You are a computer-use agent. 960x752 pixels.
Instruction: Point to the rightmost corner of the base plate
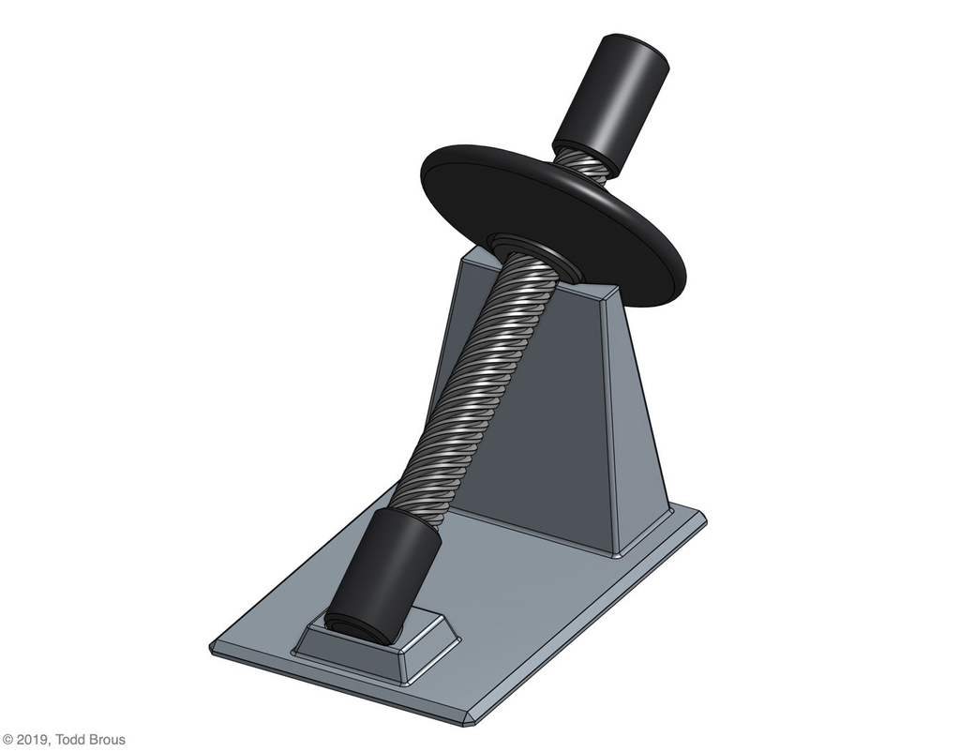pos(702,517)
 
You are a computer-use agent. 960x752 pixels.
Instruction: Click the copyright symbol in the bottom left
pos(7,740)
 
